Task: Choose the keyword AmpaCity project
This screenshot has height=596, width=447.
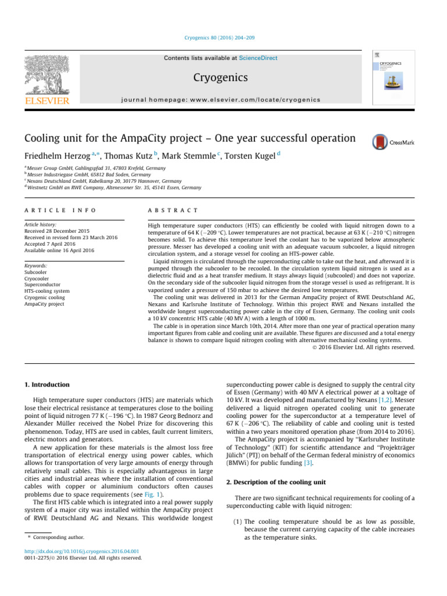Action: [44, 304]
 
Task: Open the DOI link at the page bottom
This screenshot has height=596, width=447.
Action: [76, 551]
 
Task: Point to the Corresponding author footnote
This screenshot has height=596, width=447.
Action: [59, 537]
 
